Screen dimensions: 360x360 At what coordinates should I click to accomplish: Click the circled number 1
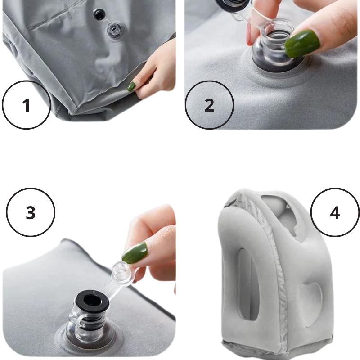point(26,105)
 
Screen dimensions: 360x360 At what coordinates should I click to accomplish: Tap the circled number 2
point(209,105)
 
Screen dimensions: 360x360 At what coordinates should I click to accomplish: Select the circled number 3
point(31,212)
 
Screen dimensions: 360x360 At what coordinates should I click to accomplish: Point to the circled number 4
point(335,212)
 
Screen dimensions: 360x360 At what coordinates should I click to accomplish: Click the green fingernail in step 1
point(131,86)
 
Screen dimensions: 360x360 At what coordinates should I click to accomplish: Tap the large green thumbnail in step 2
point(302,43)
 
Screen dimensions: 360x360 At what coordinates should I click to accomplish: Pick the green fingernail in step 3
point(135,252)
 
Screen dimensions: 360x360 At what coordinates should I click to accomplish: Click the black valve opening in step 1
point(99,14)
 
